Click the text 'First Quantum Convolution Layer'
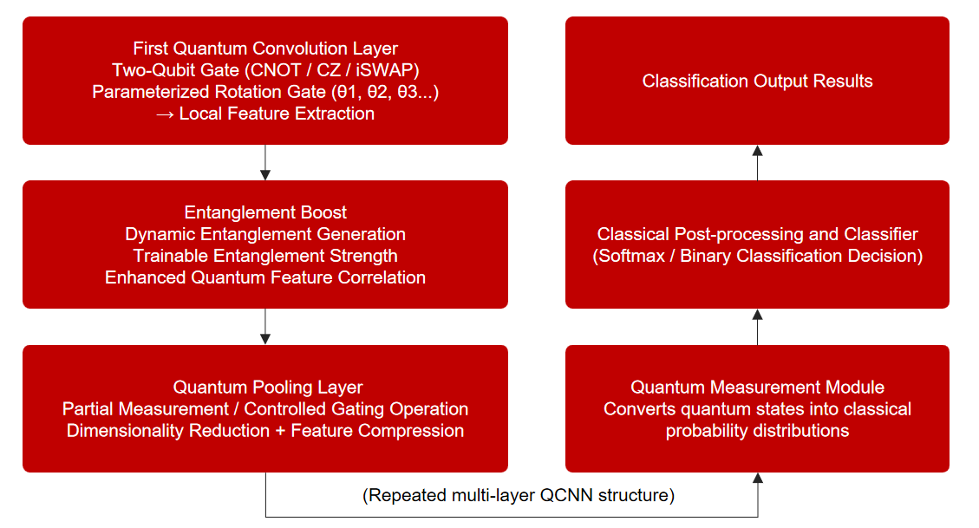tap(265, 48)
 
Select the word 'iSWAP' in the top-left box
tap(384, 70)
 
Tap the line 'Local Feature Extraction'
tap(277, 114)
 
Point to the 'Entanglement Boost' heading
tap(265, 212)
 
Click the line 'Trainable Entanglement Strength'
tap(265, 256)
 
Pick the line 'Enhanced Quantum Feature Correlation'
tap(265, 277)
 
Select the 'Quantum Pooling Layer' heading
tap(268, 387)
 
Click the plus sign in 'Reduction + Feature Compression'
tap(280, 431)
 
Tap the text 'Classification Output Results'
tap(757, 81)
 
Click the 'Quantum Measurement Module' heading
tap(757, 387)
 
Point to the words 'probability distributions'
tap(757, 431)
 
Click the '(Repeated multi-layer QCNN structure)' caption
tap(519, 495)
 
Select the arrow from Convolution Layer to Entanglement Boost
tap(265, 163)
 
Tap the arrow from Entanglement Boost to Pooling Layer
tap(265, 326)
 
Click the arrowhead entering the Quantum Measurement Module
tap(757, 478)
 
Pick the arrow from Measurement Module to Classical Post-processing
tap(757, 327)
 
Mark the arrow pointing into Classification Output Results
tap(757, 163)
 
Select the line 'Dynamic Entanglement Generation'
tap(265, 234)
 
